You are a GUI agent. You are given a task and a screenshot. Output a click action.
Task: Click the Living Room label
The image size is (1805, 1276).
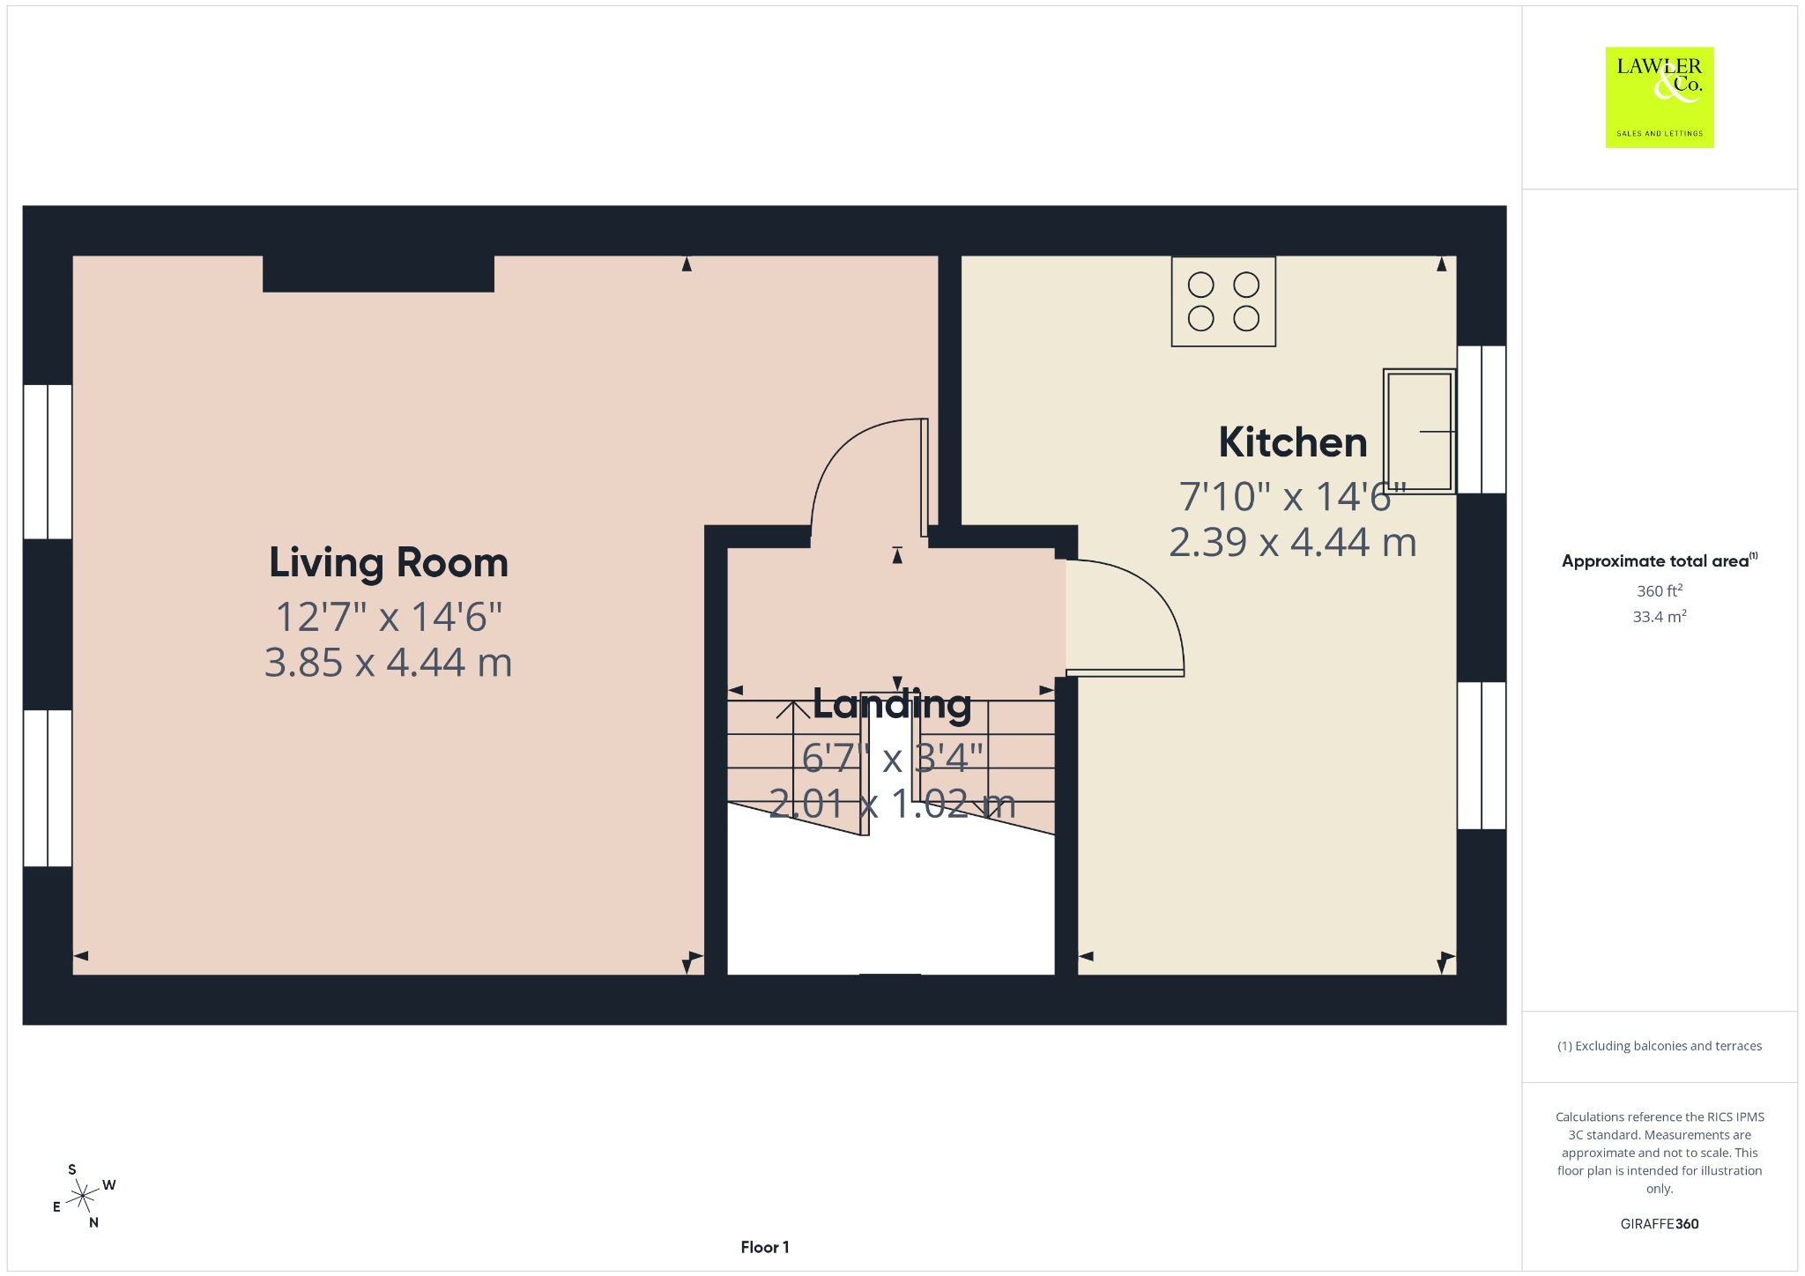click(389, 563)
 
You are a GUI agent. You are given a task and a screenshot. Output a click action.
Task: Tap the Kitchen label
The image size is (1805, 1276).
click(1293, 442)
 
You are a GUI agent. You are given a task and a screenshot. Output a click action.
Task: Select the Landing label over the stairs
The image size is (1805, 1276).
click(892, 704)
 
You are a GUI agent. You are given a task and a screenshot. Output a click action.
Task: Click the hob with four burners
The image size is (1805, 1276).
click(1223, 301)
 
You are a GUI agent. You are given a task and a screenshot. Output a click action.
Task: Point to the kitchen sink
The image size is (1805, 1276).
click(1419, 431)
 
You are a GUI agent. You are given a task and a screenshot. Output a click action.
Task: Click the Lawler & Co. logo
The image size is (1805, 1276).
click(1660, 97)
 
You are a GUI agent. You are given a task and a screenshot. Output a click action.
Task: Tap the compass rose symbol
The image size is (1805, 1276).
click(84, 1196)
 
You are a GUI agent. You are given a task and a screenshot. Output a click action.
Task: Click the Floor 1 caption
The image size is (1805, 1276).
click(765, 1247)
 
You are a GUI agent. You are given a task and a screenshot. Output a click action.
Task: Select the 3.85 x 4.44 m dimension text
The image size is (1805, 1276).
click(389, 663)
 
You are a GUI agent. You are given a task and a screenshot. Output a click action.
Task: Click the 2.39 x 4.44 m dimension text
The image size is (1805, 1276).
click(1293, 542)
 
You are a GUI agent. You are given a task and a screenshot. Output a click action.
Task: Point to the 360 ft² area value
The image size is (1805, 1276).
click(1660, 590)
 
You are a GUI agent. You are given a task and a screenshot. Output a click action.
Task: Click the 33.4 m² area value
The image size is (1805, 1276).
click(1660, 616)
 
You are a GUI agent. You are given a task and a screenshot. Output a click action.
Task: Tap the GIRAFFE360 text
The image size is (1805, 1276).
click(1660, 1223)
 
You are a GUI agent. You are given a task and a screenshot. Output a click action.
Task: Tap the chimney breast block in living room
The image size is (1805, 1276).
click(378, 274)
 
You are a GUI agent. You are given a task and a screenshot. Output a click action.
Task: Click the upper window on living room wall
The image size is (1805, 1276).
click(48, 461)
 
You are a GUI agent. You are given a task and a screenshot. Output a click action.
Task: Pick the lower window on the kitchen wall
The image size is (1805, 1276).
click(1482, 755)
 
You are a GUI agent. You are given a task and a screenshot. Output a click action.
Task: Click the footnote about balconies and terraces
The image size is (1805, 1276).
click(1660, 1046)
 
